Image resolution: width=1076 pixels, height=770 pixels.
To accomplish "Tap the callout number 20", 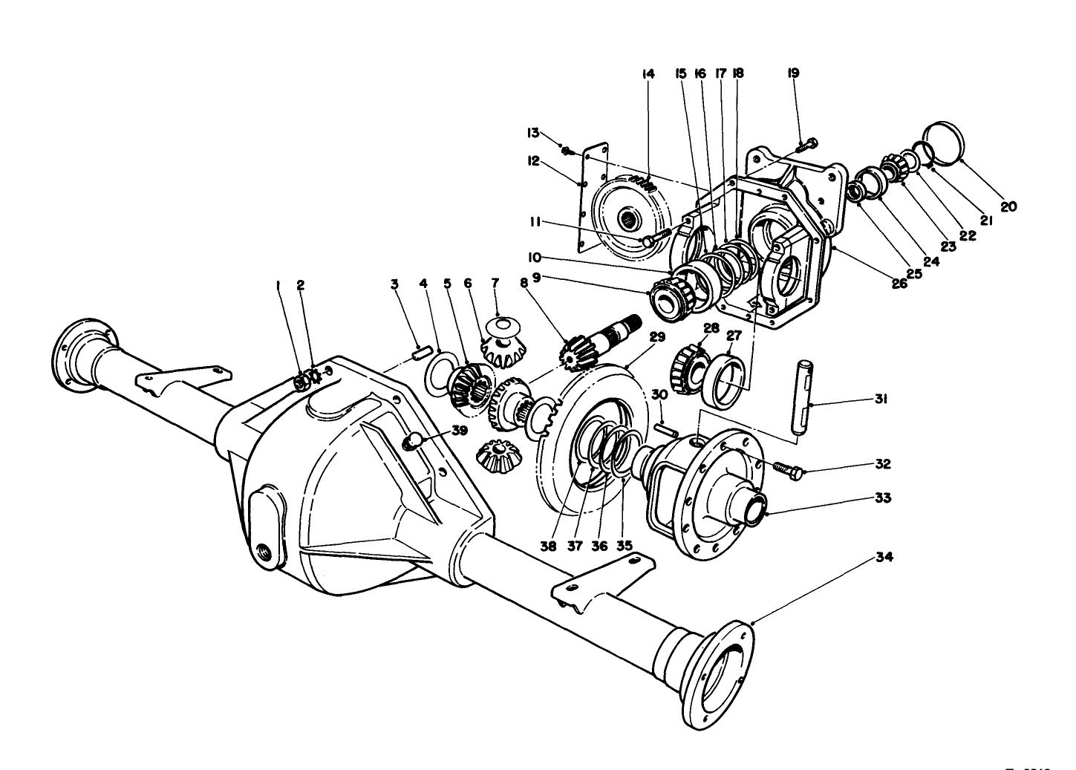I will point(1007,207).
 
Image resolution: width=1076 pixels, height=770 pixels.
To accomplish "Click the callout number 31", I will point(881,399).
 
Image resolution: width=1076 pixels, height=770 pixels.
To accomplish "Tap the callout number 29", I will point(656,336).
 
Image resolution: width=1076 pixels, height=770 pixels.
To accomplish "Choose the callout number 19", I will point(793,74).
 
